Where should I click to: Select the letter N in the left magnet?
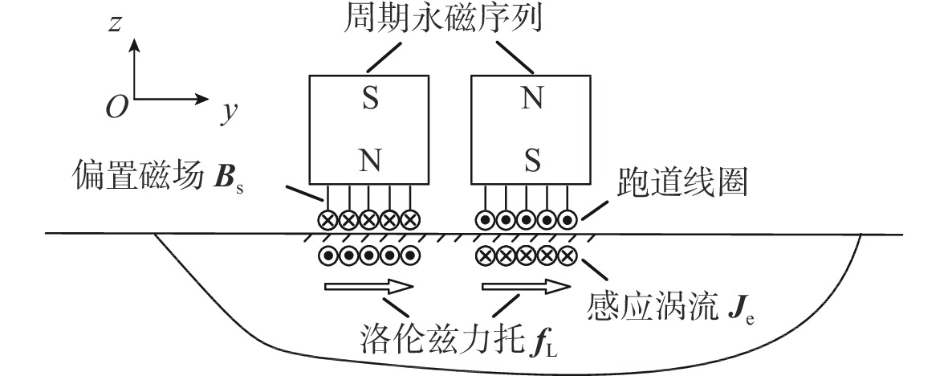click(369, 161)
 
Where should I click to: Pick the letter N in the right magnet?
click(531, 100)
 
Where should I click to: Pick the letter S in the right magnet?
click(531, 161)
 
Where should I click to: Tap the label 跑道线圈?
click(681, 185)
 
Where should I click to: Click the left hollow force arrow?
click(367, 288)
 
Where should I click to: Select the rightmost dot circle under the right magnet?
click(568, 219)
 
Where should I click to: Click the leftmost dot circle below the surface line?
click(328, 256)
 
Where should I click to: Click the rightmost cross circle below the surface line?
click(568, 256)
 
